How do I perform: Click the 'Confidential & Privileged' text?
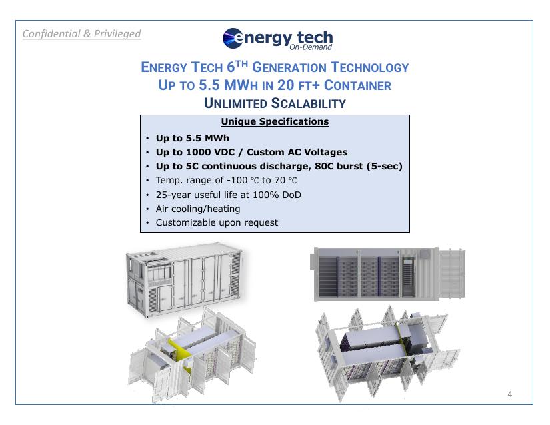(82, 33)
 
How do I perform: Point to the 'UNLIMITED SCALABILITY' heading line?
(275, 103)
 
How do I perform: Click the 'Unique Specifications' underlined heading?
(275, 122)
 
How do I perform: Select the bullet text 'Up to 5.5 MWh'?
(192, 139)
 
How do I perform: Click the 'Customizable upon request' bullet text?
(217, 222)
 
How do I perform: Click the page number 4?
(510, 394)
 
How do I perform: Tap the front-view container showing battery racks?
(388, 274)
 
